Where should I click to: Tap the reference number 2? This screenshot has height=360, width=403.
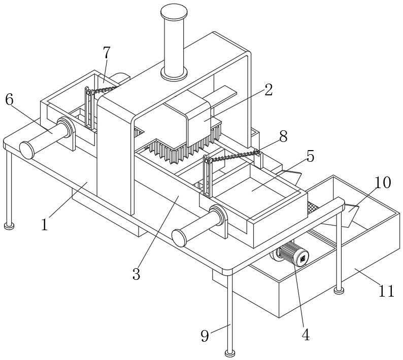(x=268, y=90)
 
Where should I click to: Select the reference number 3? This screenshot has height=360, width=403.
(x=136, y=274)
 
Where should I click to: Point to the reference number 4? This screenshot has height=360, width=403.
(x=306, y=335)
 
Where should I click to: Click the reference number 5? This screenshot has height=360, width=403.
(x=311, y=156)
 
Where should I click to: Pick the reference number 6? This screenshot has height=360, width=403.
(x=10, y=100)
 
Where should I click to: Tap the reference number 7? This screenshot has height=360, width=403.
(x=107, y=53)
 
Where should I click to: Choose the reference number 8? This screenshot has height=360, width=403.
(x=284, y=136)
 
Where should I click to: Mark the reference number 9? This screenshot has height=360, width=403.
(x=205, y=336)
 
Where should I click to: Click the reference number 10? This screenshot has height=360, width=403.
(x=382, y=183)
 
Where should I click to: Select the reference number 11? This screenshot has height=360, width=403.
(x=386, y=291)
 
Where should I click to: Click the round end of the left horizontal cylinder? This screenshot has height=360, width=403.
(x=27, y=150)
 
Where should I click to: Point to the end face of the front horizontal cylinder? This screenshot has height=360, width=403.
(x=179, y=238)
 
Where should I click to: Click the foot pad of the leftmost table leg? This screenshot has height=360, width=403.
(x=9, y=226)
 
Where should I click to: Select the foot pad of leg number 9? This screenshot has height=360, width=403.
(x=230, y=353)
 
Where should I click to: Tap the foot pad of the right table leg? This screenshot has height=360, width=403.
(x=339, y=291)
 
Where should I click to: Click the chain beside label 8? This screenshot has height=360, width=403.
(x=233, y=156)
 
